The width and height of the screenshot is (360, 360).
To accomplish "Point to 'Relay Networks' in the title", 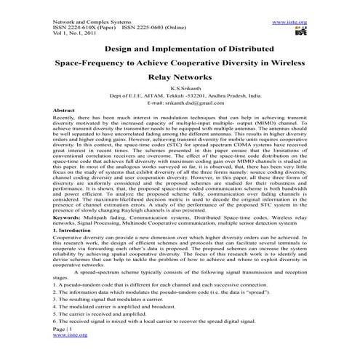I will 179,76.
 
